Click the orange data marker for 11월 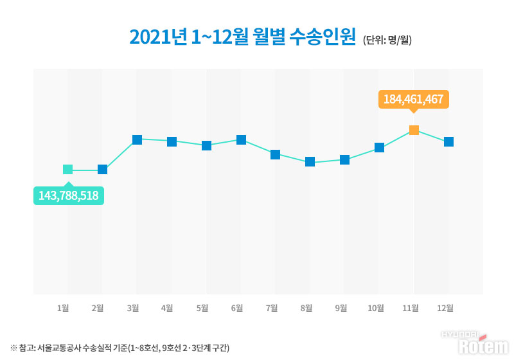pyautogui.click(x=414, y=130)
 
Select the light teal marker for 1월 pyautogui.click(x=68, y=170)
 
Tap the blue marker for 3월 pyautogui.click(x=137, y=139)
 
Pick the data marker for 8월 pyautogui.click(x=310, y=162)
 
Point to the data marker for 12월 pyautogui.click(x=448, y=141)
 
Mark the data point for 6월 pyautogui.click(x=241, y=139)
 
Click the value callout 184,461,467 pyautogui.click(x=414, y=100)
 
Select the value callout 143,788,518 pyautogui.click(x=68, y=195)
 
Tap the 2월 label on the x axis pyautogui.click(x=98, y=308)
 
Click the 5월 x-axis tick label pyautogui.click(x=202, y=308)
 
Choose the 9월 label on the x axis pyautogui.click(x=341, y=308)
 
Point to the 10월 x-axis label pyautogui.click(x=375, y=308)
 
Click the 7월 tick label pyautogui.click(x=271, y=308)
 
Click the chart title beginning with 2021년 pyautogui.click(x=243, y=37)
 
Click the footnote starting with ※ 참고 pyautogui.click(x=120, y=348)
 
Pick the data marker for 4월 pyautogui.click(x=172, y=141)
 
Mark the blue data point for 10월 pyautogui.click(x=379, y=148)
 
